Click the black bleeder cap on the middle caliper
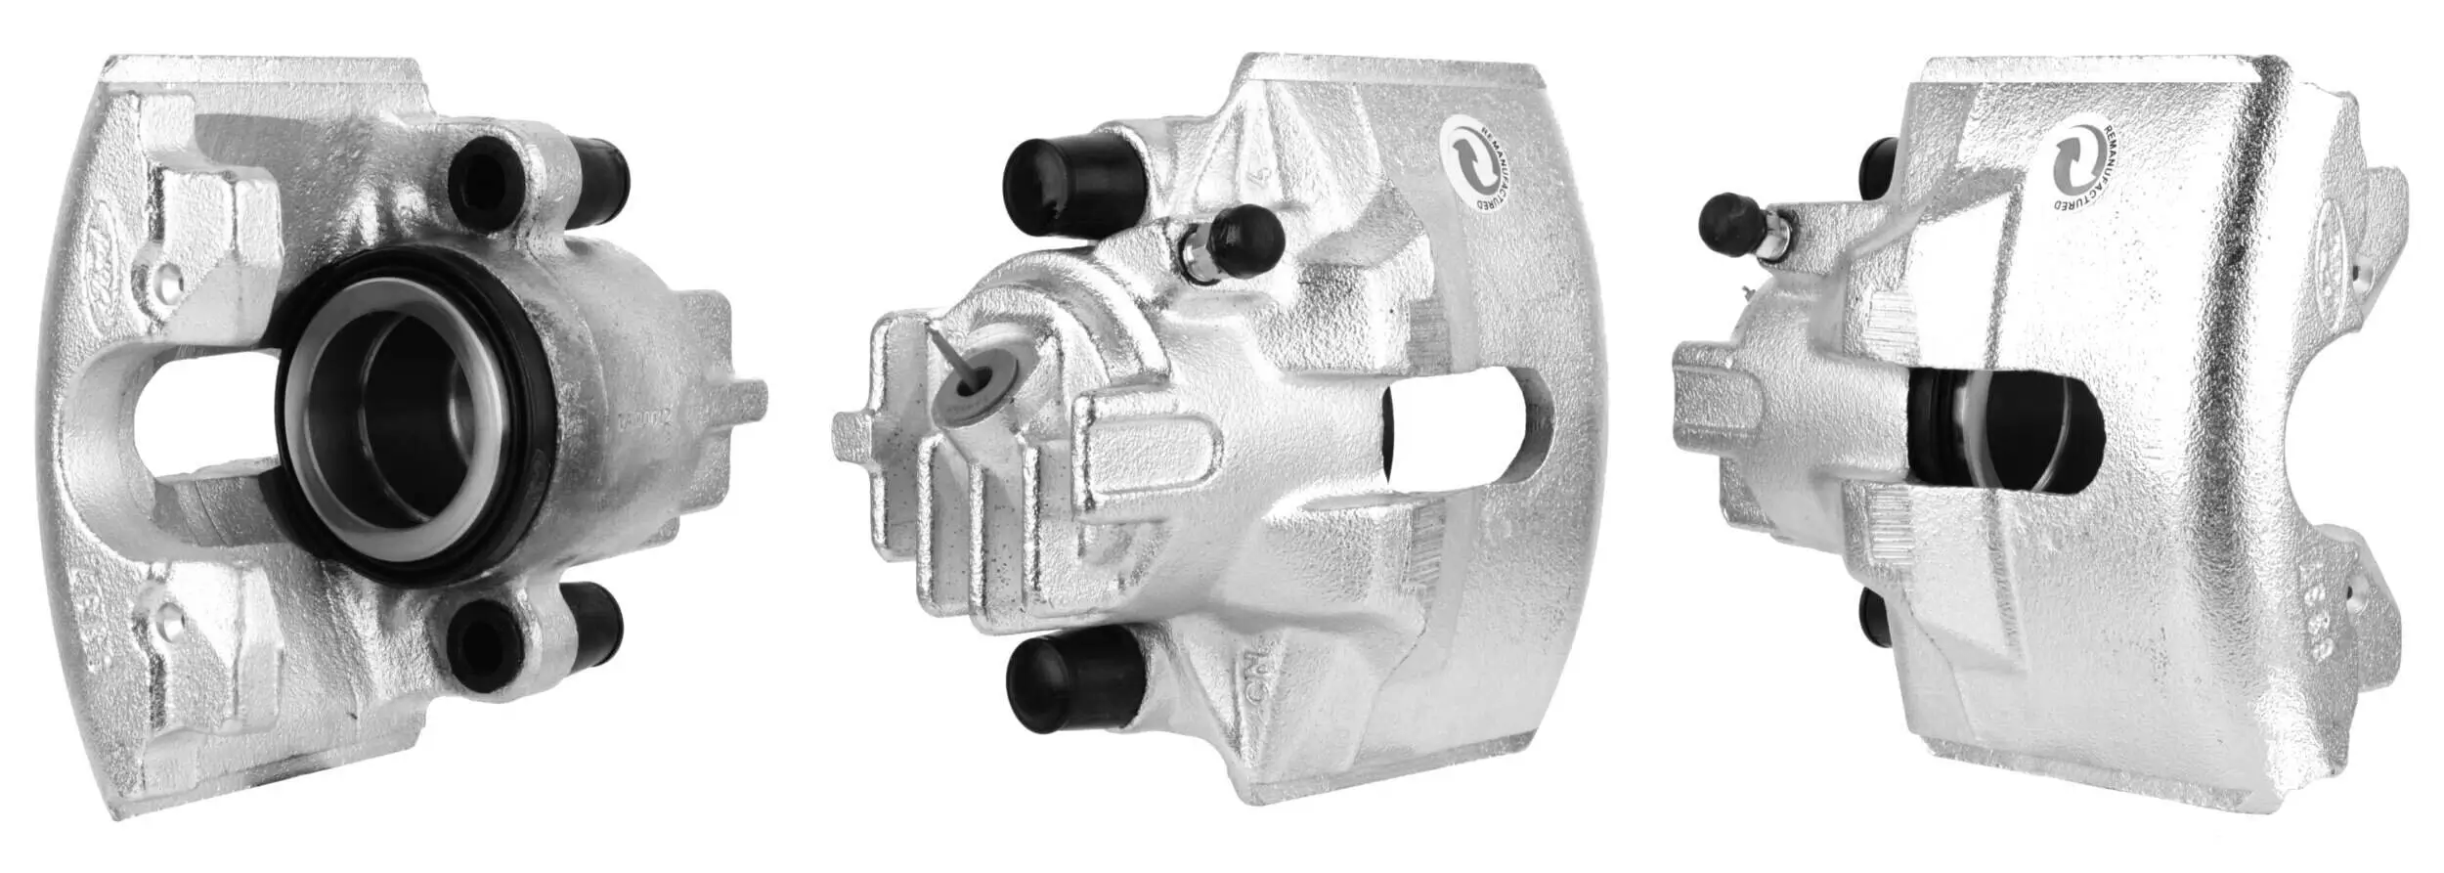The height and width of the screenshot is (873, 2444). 1244,238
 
